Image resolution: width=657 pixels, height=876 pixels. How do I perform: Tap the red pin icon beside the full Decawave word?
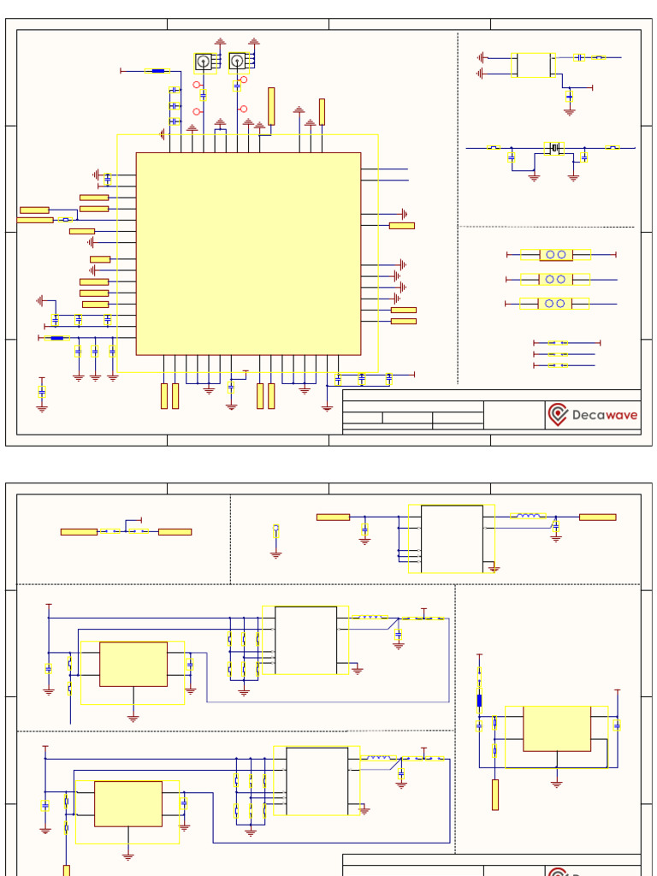click(558, 415)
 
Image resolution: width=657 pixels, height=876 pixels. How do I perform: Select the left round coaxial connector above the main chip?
click(204, 61)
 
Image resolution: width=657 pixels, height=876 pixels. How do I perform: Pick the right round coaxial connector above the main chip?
click(237, 60)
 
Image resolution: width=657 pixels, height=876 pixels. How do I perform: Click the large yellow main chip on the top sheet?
click(248, 253)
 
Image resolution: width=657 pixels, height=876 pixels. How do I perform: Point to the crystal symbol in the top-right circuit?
click(553, 149)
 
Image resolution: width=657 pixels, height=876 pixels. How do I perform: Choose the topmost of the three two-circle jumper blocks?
click(556, 255)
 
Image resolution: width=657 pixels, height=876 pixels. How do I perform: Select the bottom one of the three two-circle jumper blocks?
click(556, 304)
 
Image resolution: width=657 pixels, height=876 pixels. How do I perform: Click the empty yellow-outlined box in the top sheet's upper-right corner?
click(534, 65)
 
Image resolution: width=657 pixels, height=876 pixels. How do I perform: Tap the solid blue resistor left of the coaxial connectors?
click(157, 71)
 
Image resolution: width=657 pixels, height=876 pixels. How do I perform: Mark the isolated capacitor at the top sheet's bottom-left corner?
click(42, 393)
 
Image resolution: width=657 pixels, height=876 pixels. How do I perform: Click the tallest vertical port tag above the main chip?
click(271, 106)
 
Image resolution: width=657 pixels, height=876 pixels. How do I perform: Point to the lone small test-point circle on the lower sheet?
click(275, 527)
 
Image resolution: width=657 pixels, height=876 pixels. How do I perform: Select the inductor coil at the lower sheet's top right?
click(529, 516)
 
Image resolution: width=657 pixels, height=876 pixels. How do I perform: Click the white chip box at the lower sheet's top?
click(452, 538)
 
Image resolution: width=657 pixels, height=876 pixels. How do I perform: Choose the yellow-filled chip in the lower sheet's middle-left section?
click(133, 664)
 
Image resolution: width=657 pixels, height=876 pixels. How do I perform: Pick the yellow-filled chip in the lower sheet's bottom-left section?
click(128, 803)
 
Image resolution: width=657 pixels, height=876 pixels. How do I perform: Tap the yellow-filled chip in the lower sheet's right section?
click(557, 728)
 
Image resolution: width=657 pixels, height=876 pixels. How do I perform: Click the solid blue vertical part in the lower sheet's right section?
click(479, 701)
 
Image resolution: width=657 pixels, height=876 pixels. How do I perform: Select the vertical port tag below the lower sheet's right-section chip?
click(494, 795)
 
